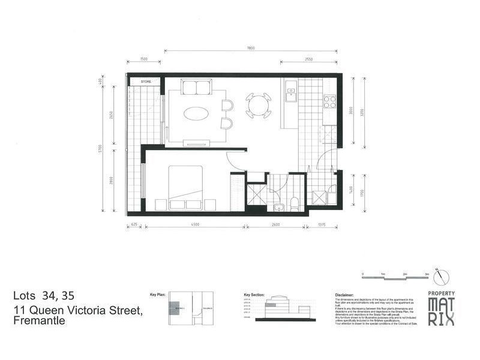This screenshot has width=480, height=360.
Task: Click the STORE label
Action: (145, 81)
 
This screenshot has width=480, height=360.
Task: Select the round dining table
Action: (259, 106)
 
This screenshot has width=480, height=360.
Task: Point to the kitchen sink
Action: (291, 94)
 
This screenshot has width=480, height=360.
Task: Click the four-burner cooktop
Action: (329, 101)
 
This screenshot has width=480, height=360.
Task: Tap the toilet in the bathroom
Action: (295, 204)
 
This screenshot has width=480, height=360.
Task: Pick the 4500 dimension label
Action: (195, 226)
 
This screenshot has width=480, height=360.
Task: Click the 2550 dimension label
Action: (308, 59)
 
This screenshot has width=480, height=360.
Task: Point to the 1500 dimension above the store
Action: (143, 59)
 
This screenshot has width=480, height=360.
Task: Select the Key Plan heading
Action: (158, 295)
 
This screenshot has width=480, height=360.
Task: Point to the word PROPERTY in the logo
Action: (441, 293)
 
